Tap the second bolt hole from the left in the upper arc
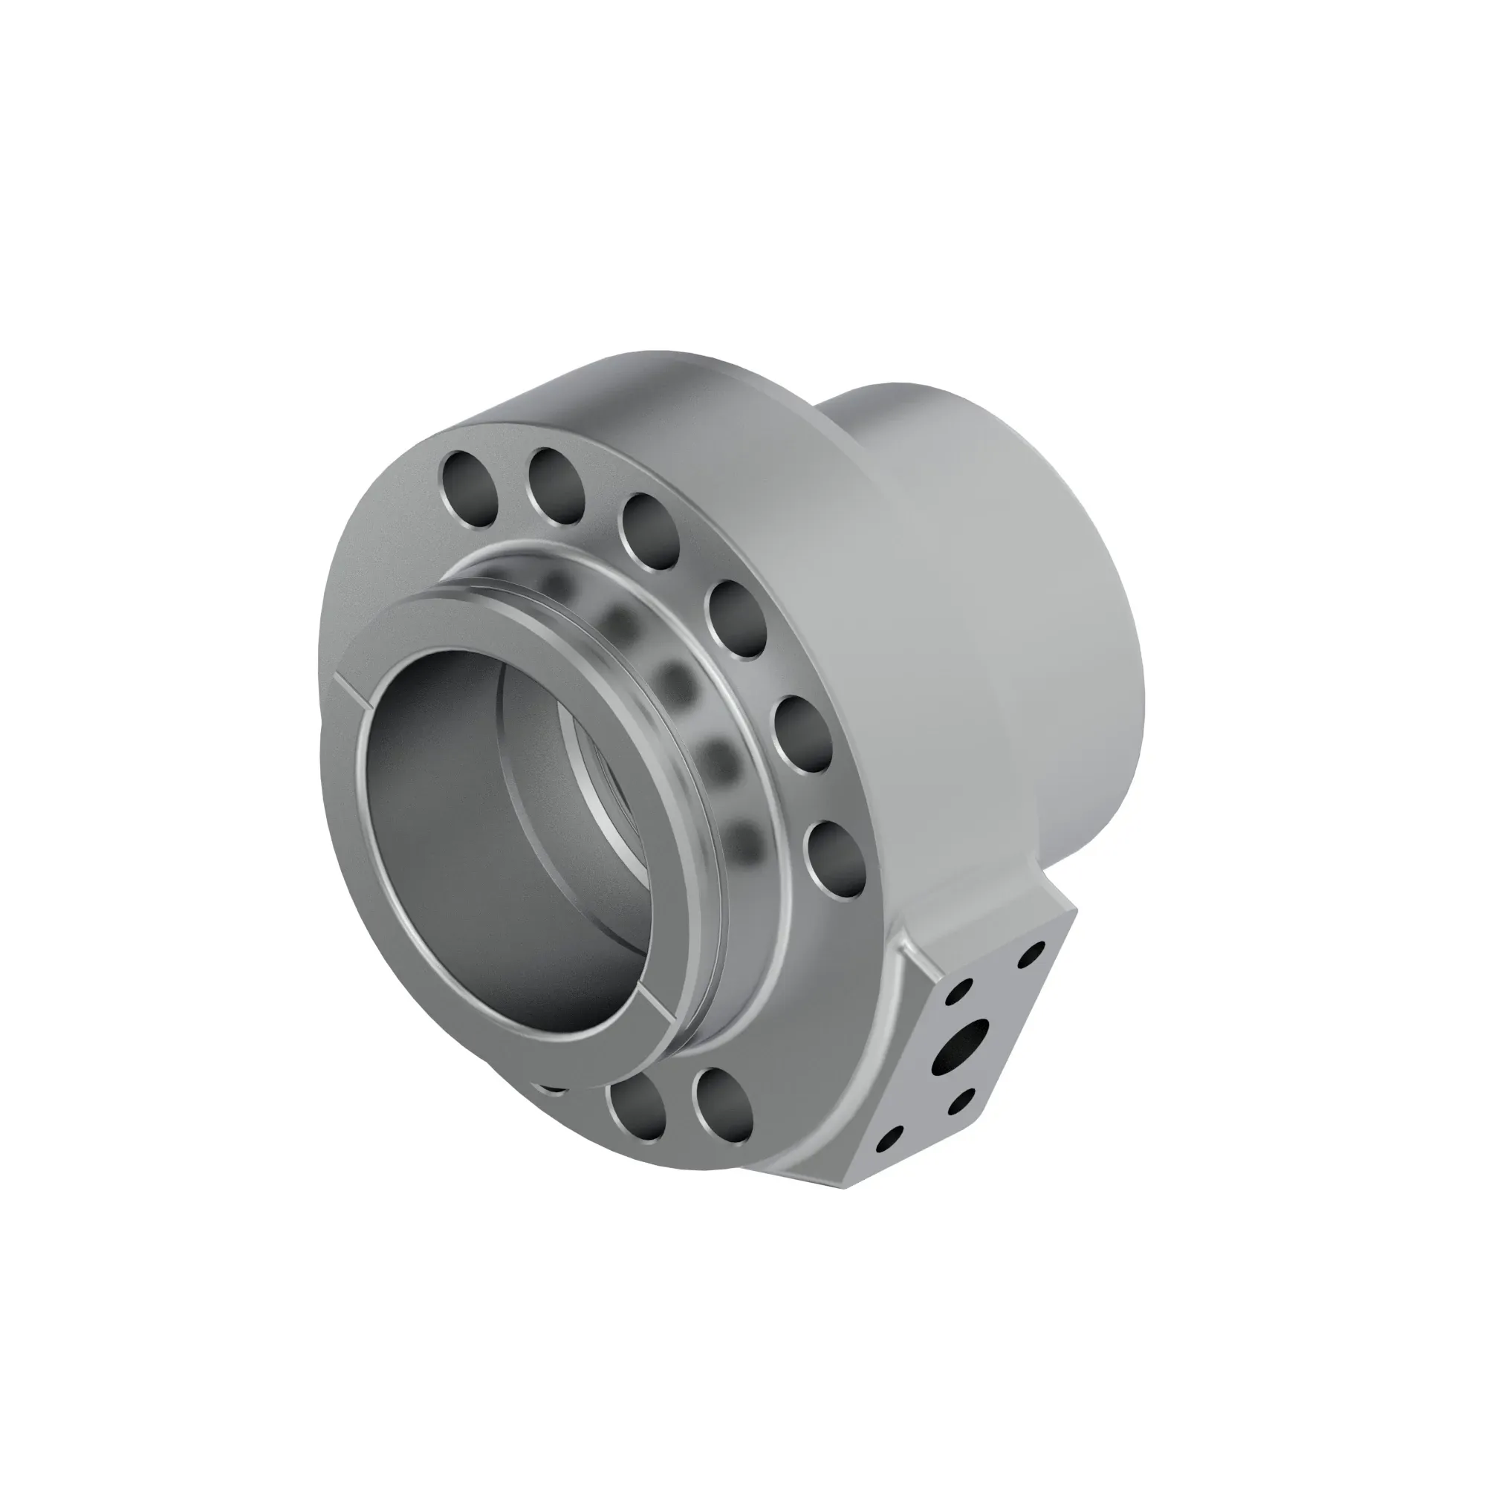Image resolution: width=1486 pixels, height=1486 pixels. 557,486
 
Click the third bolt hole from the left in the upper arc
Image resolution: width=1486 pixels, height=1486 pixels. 650,532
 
